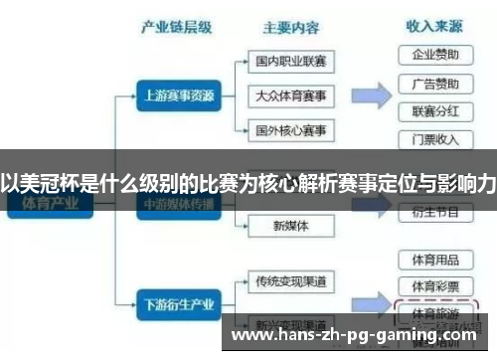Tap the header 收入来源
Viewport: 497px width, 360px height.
pos(434,26)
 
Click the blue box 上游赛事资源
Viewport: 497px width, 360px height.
pos(176,96)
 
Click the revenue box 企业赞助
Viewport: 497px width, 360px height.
pos(434,54)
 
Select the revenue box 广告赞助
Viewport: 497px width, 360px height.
pos(434,83)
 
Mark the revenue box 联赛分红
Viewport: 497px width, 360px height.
pos(434,110)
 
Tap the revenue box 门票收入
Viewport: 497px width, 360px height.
pos(434,138)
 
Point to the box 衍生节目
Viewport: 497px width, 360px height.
pos(434,211)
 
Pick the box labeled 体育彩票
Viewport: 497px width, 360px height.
pos(434,285)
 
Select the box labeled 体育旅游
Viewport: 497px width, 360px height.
pos(434,312)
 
